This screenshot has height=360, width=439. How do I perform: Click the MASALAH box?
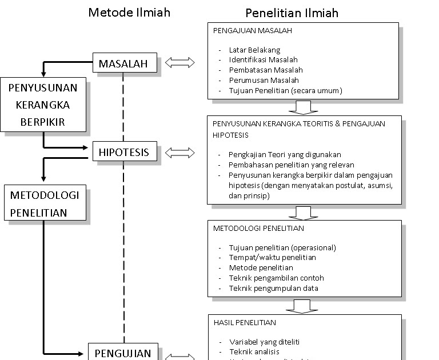[x=124, y=63]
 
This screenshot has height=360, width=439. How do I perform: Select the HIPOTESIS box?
[x=124, y=153]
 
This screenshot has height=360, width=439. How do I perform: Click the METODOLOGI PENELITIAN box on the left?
[x=45, y=203]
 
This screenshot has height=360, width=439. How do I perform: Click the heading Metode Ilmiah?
[x=129, y=12]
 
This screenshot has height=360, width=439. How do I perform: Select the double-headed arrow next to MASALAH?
[x=179, y=63]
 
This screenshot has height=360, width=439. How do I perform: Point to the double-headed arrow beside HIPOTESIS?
[x=179, y=153]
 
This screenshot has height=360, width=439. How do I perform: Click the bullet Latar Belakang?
[x=254, y=50]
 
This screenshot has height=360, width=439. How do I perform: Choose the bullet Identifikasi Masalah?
[x=263, y=59]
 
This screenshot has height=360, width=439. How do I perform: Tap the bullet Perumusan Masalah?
[x=264, y=80]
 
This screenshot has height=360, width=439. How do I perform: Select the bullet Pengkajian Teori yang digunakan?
[x=285, y=154]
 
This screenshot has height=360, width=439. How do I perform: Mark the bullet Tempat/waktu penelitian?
[x=272, y=257]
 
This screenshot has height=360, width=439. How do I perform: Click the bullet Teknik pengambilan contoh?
[x=276, y=278]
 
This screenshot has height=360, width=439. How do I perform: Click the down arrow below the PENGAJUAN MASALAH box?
[x=302, y=107]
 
